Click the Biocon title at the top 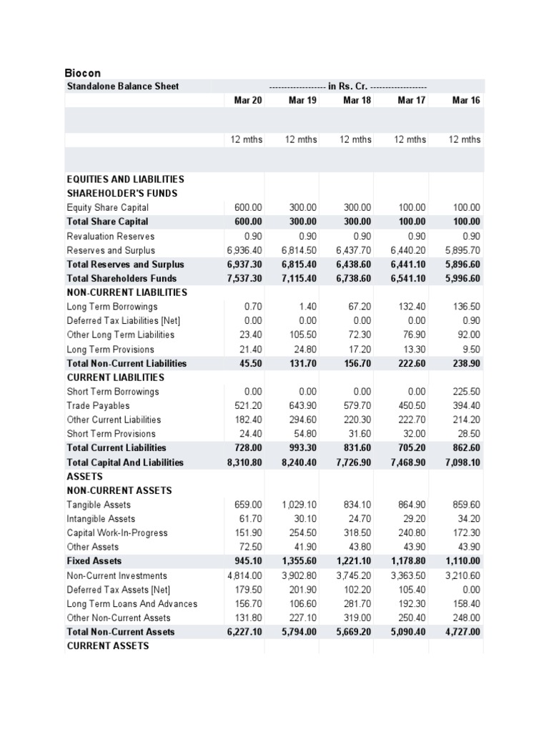83,73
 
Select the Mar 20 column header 248,101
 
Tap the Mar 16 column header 466,101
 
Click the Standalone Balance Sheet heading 122,86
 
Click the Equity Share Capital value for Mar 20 248,207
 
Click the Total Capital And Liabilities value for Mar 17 407,463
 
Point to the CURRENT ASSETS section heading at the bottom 107,646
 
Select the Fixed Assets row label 94,561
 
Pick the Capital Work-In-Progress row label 117,533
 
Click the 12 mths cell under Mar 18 355,139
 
